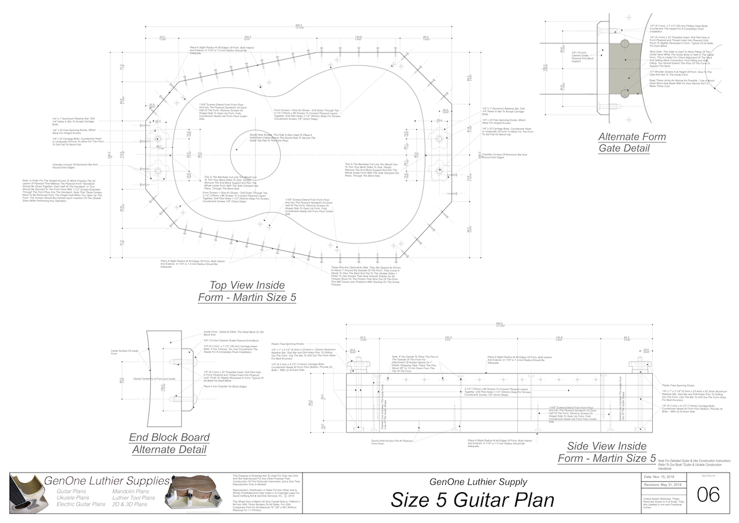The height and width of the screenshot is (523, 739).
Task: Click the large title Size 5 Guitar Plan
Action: coord(473,500)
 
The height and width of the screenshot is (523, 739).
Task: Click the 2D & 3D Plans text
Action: coord(130,505)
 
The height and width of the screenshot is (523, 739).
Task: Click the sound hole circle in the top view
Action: coord(252,150)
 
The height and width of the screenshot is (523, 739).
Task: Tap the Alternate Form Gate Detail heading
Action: coord(624,142)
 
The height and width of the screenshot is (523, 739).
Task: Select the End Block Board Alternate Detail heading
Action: coord(169,444)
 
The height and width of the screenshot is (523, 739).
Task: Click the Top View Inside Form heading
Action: coord(247,291)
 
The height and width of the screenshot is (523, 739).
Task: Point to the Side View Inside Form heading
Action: coord(607,452)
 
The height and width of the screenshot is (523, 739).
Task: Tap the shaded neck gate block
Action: coord(624,68)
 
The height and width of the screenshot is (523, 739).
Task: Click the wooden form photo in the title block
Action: coord(196,495)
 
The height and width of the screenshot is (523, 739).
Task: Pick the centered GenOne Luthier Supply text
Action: coord(474,482)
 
